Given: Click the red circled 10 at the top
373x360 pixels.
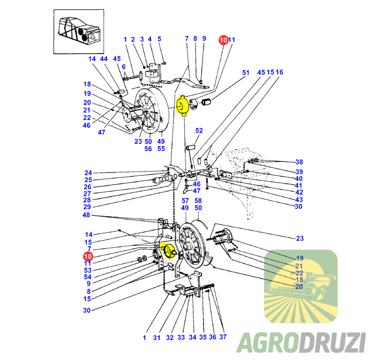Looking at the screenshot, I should [x=223, y=40].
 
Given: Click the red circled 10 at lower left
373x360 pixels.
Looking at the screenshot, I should [x=88, y=256].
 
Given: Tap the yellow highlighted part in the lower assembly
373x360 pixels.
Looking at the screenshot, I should [x=169, y=250].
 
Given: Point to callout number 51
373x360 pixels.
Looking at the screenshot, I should [x=246, y=73].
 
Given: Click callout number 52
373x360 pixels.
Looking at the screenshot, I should [x=199, y=131].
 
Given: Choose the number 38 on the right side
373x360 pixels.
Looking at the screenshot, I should [x=299, y=162].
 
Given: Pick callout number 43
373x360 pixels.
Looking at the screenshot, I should [x=299, y=200].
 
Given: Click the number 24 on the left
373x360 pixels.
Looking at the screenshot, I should [x=87, y=172].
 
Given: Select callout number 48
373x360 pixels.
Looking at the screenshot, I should [x=86, y=215].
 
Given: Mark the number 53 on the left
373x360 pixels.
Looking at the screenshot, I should [x=87, y=270].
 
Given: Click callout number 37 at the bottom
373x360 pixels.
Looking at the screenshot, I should [x=223, y=337].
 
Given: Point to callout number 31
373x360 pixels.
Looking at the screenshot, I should [x=157, y=337].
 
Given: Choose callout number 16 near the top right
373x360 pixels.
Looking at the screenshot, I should [x=279, y=72].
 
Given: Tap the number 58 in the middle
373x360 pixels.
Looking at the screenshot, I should [x=198, y=200].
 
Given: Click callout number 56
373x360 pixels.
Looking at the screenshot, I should [x=148, y=149].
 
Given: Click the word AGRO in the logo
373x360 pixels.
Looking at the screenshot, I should [x=267, y=343].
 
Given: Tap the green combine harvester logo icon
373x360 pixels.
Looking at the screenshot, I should [x=301, y=286].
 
